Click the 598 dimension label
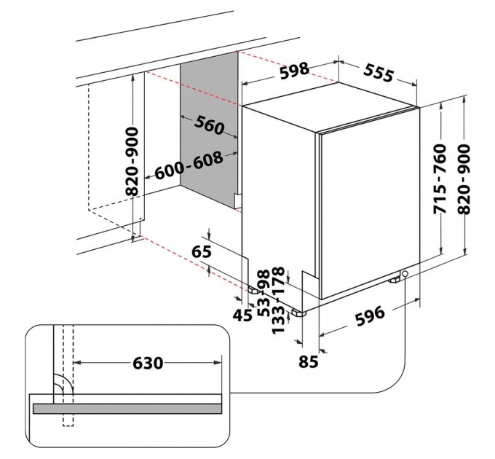293,73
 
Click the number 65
202,252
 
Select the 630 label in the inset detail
147,362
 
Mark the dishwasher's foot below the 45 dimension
253,289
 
